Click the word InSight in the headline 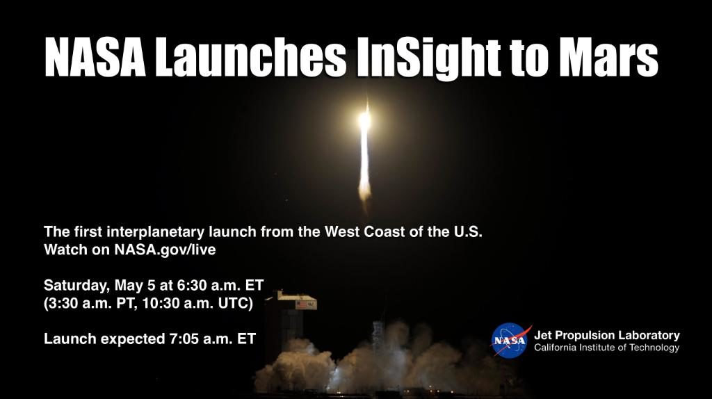click(429, 58)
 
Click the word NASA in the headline click(95, 58)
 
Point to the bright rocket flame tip click(364, 120)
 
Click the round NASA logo click(510, 341)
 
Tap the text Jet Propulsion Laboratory click(606, 336)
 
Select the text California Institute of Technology click(606, 348)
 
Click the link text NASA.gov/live click(165, 250)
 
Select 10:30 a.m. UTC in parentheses click(197, 303)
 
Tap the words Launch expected click(104, 339)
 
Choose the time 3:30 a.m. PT click(90, 303)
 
